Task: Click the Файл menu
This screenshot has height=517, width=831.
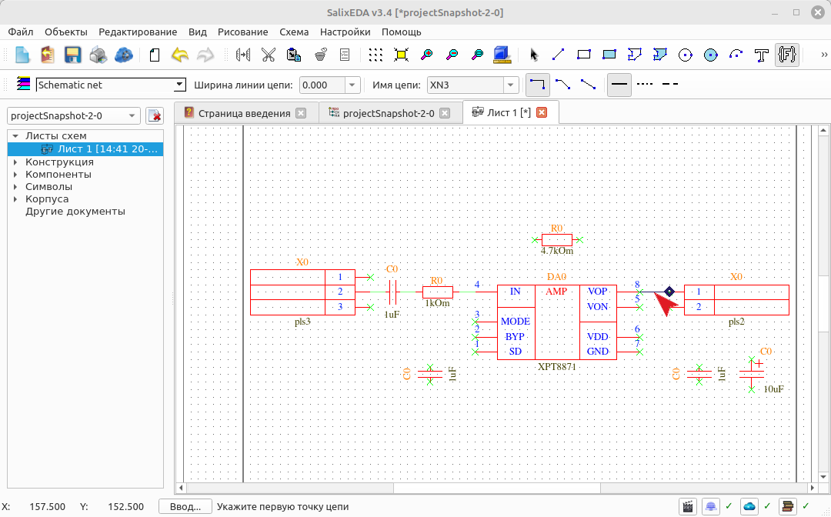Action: tap(21, 32)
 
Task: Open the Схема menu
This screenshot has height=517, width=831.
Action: tap(294, 32)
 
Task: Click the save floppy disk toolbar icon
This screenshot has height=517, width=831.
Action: tap(72, 55)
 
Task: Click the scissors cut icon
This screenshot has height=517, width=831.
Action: tap(269, 55)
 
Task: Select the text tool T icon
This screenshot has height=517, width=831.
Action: tap(761, 55)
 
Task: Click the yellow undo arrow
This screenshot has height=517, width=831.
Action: tap(179, 55)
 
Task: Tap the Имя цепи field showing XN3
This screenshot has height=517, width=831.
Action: tap(466, 85)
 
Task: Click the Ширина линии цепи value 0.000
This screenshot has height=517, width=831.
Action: tap(322, 85)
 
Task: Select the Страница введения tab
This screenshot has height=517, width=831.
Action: tap(245, 113)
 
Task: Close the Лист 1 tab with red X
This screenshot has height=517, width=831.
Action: tap(542, 112)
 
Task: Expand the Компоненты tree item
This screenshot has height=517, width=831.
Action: tap(15, 175)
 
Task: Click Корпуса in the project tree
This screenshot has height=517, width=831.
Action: tap(47, 199)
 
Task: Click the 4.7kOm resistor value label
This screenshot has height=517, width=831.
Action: tap(556, 251)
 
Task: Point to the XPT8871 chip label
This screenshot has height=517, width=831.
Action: tap(556, 366)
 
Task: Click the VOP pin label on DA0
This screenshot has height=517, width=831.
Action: tap(597, 292)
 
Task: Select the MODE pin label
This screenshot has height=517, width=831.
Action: tap(515, 321)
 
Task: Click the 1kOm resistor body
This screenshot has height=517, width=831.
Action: tap(438, 292)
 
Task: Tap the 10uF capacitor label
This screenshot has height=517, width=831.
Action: tap(773, 389)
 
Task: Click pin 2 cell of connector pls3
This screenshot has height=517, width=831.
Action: tap(340, 292)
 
